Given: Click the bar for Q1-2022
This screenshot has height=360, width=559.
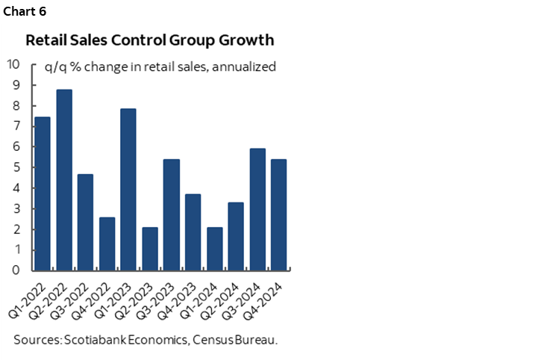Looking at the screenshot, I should pos(43,193).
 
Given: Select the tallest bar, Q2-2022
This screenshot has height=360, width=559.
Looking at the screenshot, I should pos(64,179).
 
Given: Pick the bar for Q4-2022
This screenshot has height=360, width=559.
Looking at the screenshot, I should pos(107,243).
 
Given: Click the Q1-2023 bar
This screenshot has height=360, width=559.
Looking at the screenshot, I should pos(128,190).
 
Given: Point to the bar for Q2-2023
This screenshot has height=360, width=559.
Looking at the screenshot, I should pos(150,249).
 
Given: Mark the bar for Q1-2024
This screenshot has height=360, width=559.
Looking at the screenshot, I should pos(214,249).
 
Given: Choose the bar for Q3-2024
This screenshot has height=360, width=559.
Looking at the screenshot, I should pos(257,209).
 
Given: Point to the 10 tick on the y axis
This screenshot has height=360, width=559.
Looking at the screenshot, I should pos(13,63).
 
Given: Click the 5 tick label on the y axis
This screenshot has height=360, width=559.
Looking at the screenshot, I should pos(16,167).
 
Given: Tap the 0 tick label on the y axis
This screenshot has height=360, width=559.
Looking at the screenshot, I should pos(16,270).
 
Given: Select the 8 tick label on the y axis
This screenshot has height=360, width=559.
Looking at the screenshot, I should pos(16,105).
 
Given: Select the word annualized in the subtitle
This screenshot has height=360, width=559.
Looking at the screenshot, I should pos(245,67).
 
